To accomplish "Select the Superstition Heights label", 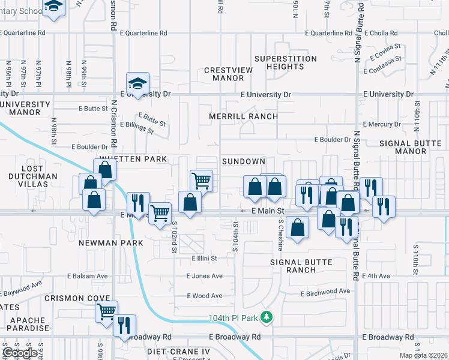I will (285, 62).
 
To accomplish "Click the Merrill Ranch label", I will (243, 116).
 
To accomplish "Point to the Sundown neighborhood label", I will (243, 162).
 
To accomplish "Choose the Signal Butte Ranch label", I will (301, 266).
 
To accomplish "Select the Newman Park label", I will (111, 243).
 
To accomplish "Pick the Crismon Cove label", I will (79, 298).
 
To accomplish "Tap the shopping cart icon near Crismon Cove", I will (106, 311).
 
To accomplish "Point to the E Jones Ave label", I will (204, 276).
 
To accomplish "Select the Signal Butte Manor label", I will (411, 148).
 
